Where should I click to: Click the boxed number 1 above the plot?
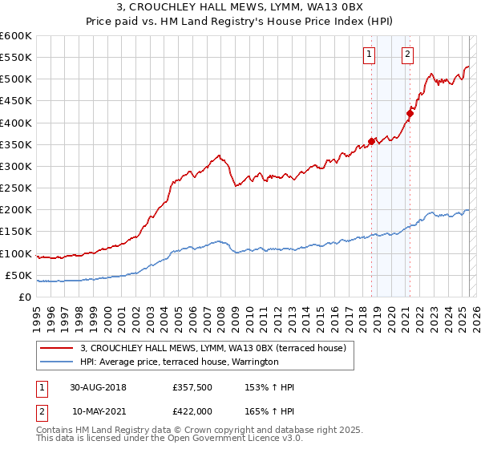point(369,55)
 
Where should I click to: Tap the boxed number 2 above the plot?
point(407,55)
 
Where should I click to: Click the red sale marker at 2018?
point(371,141)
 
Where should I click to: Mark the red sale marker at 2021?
point(410,113)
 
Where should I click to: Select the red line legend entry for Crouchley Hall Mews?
point(212,348)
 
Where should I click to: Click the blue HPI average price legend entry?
point(179,362)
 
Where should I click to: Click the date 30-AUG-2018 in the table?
point(99,387)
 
